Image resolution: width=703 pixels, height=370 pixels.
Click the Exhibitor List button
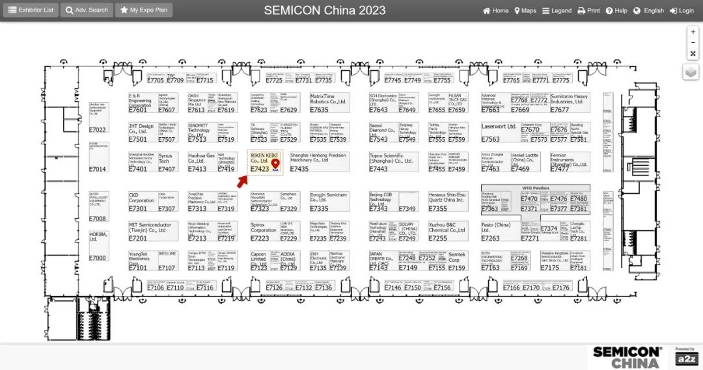[x=31, y=10]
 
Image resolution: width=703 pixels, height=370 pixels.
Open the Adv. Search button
[x=87, y=10]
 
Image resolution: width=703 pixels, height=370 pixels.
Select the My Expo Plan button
[x=144, y=10]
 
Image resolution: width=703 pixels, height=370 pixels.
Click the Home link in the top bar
[x=495, y=10]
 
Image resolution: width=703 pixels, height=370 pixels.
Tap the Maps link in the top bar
[x=525, y=10]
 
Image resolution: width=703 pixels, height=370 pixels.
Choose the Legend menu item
[x=557, y=10]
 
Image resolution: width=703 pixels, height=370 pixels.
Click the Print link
[x=588, y=10]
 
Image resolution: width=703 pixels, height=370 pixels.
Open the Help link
[x=616, y=10]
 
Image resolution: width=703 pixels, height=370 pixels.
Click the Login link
[x=682, y=10]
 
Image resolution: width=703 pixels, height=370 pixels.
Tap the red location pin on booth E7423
[x=275, y=163]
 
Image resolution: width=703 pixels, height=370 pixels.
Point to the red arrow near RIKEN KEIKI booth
[x=242, y=181]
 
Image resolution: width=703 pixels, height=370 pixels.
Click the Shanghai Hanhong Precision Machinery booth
[x=319, y=162]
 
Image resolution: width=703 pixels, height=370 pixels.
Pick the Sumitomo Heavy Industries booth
[x=570, y=102]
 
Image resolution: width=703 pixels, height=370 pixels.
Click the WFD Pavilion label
[x=536, y=188]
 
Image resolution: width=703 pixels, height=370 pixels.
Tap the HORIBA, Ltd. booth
[x=98, y=244]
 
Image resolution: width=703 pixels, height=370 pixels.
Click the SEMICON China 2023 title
[x=325, y=10]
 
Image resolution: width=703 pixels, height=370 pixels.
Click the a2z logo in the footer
[x=685, y=359]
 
